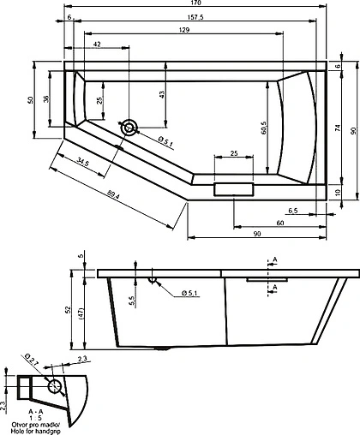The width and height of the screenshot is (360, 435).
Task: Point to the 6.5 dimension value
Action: click(292, 210)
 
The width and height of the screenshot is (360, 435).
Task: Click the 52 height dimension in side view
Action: click(68, 312)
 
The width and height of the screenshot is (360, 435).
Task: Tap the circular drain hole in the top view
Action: click(129, 128)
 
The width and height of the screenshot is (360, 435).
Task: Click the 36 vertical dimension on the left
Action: click(46, 99)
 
